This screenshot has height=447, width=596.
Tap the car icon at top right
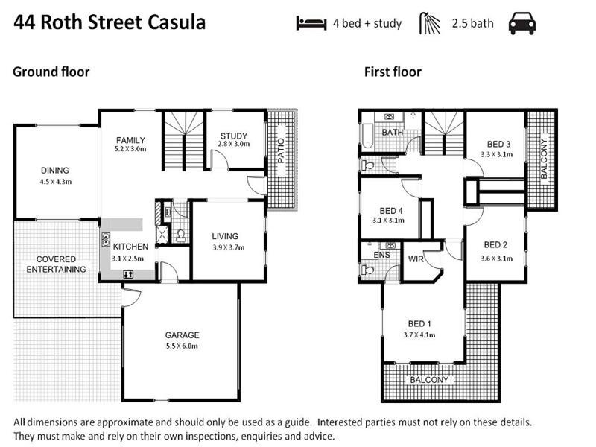click(522, 23)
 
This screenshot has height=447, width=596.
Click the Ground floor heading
click(51, 72)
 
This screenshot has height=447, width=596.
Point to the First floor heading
click(393, 72)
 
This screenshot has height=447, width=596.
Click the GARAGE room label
click(183, 335)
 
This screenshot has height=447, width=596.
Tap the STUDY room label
click(233, 136)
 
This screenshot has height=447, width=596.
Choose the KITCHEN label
click(130, 247)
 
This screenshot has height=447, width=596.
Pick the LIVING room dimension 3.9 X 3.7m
click(224, 247)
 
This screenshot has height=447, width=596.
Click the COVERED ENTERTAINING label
click(56, 264)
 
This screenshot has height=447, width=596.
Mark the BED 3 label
click(498, 145)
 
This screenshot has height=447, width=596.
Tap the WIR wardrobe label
click(416, 259)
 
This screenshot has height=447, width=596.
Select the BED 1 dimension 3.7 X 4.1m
click(419, 335)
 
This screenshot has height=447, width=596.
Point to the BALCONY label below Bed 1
click(430, 380)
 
